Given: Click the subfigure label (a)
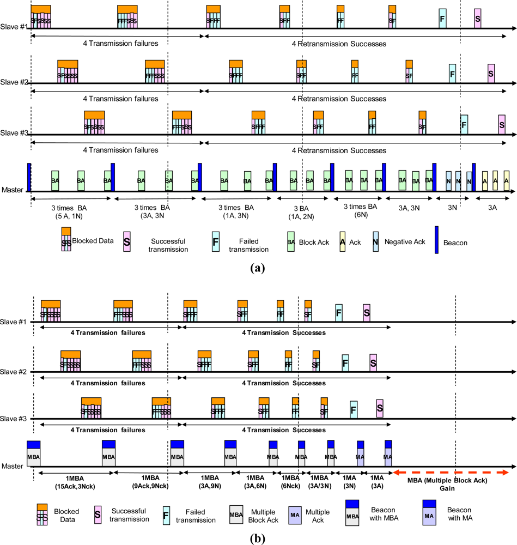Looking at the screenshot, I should click(257, 268).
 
